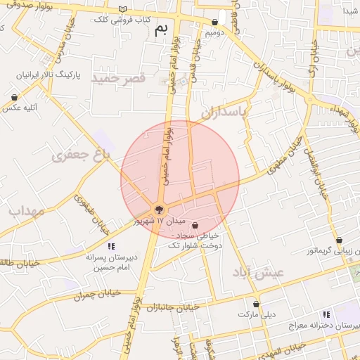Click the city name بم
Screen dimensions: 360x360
click(162, 29)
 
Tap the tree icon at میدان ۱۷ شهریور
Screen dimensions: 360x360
click(159, 209)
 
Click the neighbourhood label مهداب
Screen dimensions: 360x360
click(27, 211)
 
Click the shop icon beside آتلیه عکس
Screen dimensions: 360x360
click(14, 98)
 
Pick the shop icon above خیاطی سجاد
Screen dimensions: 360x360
click(195, 225)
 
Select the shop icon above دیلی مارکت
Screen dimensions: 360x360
click(257, 304)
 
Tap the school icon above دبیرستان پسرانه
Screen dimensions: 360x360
click(110, 246)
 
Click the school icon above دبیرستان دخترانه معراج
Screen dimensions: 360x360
click(325, 314)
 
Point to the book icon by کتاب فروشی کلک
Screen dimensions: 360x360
click(124, 9)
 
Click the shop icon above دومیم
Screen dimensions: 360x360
click(214, 22)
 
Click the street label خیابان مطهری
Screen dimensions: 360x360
click(283, 150)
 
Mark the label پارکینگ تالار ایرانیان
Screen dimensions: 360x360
click(45, 74)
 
